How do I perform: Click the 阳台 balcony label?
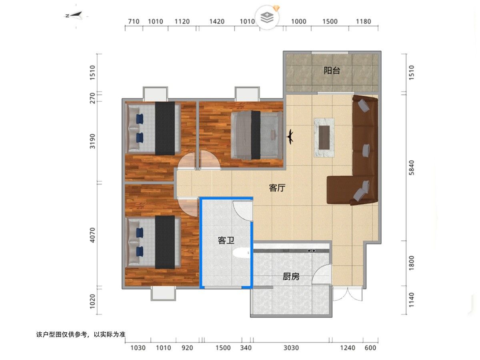[x=332, y=71]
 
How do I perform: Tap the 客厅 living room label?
[x=277, y=188]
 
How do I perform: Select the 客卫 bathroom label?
[x=226, y=240]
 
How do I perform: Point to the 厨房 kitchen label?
[x=291, y=277]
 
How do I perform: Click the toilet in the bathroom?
[x=241, y=253]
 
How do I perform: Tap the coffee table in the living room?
[x=324, y=138]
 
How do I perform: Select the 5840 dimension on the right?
[x=411, y=168]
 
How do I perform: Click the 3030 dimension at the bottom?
[x=291, y=348]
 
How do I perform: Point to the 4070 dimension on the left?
[x=92, y=235]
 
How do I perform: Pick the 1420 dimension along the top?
[x=217, y=22]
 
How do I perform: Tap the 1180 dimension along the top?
[x=364, y=22]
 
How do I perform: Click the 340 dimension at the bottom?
[x=246, y=348]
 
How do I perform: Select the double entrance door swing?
[x=348, y=294]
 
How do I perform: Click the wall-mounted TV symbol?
[x=290, y=137]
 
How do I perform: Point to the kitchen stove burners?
[x=311, y=250]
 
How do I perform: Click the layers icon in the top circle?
[x=267, y=18]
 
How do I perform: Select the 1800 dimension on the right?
[x=411, y=263]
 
